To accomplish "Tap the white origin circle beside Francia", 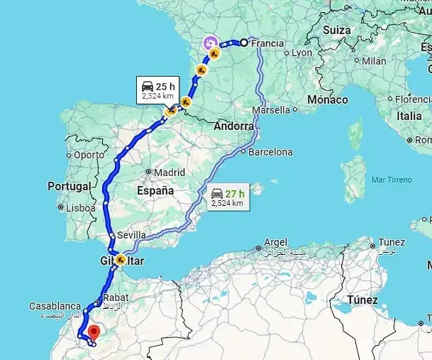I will click(x=243, y=43).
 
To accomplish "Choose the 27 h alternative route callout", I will click(x=228, y=197).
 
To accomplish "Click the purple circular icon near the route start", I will click(x=211, y=43).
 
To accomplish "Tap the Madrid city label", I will click(x=170, y=172).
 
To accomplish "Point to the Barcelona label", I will click(x=270, y=151).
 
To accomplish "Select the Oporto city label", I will click(x=89, y=154).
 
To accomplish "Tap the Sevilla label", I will click(x=133, y=235).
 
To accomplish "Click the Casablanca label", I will click(x=55, y=306).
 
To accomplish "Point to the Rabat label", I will click(x=115, y=298).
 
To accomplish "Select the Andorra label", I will click(x=233, y=126).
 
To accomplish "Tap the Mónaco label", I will click(x=328, y=100).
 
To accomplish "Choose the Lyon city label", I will click(x=301, y=53).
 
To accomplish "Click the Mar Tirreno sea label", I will click(x=387, y=180).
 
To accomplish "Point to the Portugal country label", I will click(x=70, y=186).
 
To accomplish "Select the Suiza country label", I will click(x=336, y=31).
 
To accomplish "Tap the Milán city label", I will click(x=374, y=61).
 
